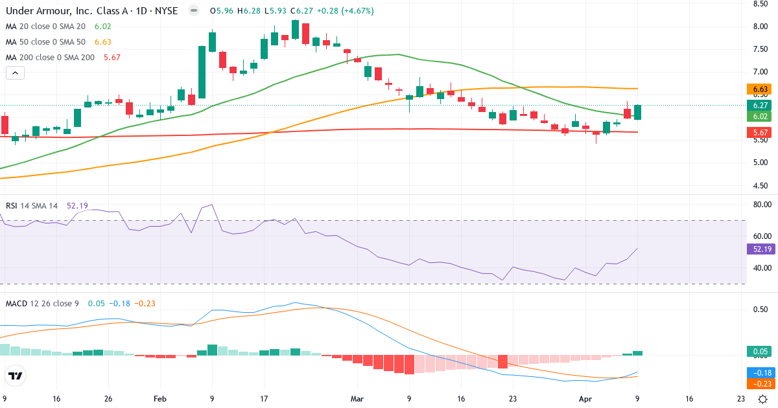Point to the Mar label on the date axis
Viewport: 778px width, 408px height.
pos(357,399)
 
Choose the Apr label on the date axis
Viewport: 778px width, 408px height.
pos(584,399)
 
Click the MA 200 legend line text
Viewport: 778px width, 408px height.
pos(51,57)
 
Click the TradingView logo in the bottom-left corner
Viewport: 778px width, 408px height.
pos(16,376)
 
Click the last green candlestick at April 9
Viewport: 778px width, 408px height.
pos(638,112)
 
